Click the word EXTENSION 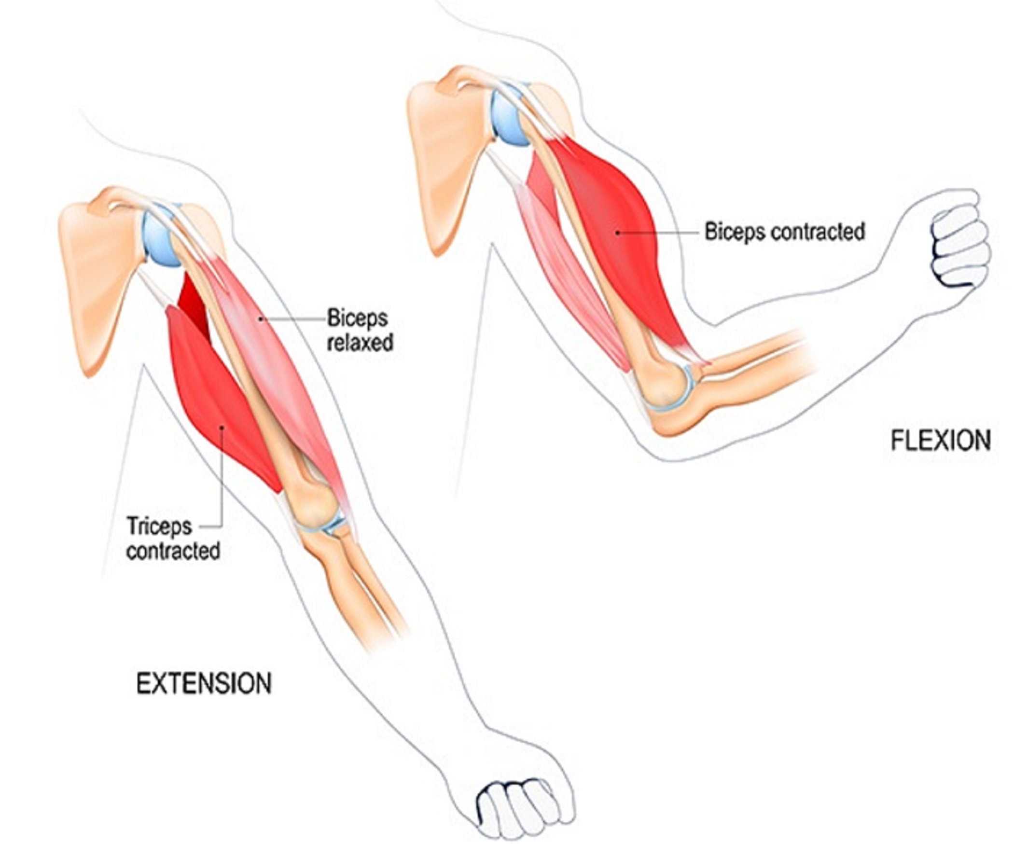(204, 684)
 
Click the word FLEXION (941, 441)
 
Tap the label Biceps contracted (785, 232)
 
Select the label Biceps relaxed (360, 330)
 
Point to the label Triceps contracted (173, 539)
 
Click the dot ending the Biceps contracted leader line (618, 233)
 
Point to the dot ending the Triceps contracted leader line (222, 428)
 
